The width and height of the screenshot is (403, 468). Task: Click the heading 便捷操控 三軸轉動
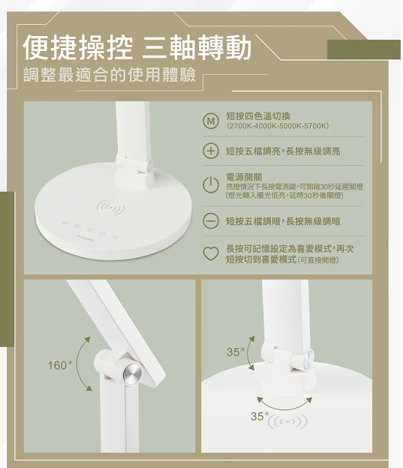137,48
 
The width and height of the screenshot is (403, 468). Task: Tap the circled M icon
212,121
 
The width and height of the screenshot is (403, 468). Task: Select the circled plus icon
212,151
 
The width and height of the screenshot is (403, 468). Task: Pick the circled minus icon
212,221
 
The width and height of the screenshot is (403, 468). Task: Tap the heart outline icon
212,253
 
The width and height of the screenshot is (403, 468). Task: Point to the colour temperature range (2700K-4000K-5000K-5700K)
278,126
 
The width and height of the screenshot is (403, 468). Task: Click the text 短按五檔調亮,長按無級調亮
284,151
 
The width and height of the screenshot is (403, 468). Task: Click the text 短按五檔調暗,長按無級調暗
284,221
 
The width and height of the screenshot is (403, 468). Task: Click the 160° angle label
59,365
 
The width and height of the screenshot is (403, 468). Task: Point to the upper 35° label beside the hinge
236,352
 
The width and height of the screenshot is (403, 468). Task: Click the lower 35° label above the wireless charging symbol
260,415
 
